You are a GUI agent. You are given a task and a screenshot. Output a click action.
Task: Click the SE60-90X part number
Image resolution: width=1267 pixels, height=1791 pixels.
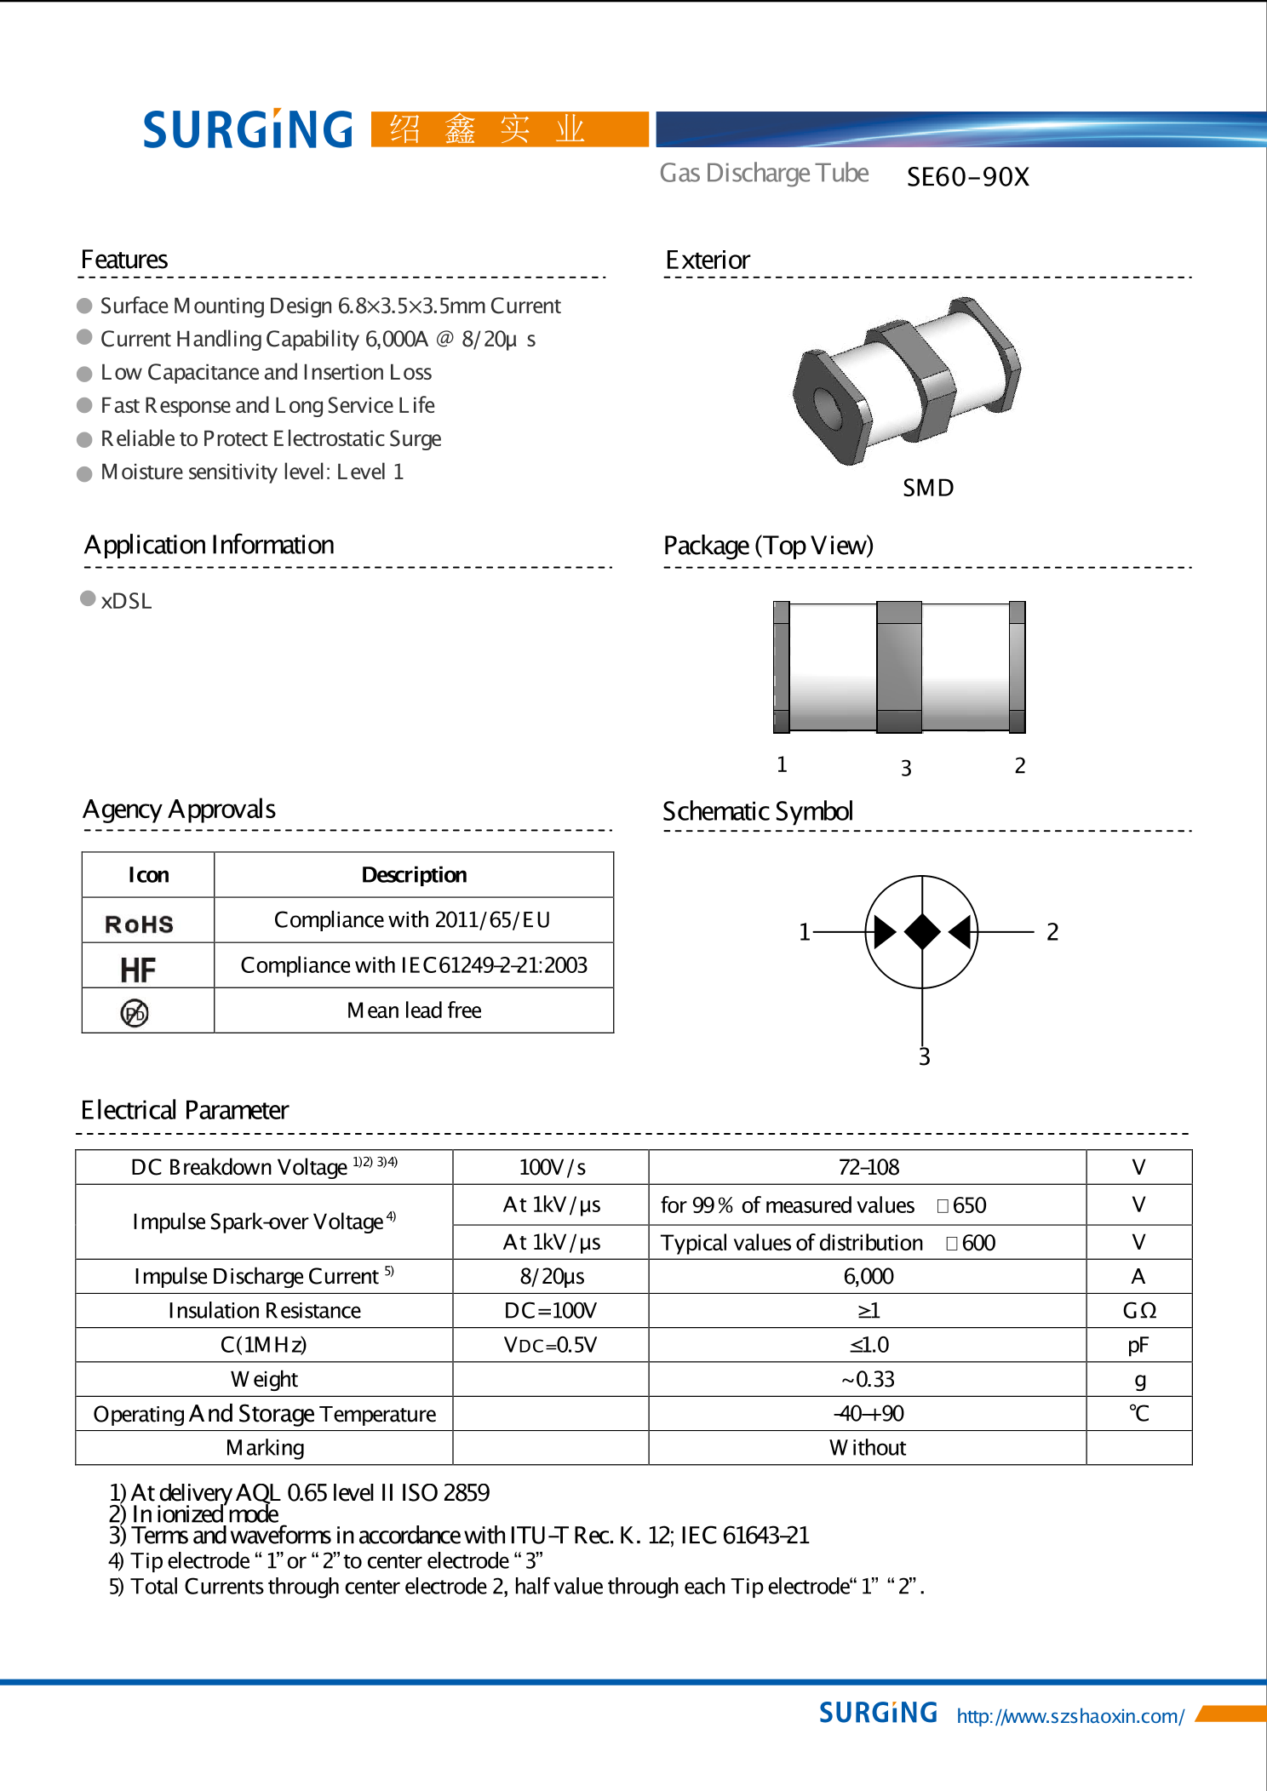(967, 177)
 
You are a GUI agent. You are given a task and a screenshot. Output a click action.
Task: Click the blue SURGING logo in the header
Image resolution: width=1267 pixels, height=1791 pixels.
(248, 129)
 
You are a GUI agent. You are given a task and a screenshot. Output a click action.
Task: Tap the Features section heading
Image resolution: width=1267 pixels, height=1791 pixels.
(124, 260)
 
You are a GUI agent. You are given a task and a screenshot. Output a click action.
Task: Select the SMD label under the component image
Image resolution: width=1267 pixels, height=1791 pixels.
(928, 488)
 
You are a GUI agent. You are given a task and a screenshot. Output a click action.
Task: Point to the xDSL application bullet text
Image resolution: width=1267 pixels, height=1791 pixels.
(126, 601)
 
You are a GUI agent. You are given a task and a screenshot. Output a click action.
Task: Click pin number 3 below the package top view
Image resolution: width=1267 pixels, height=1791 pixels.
(906, 768)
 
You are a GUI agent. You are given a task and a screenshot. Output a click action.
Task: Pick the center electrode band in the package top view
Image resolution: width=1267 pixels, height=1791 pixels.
(899, 667)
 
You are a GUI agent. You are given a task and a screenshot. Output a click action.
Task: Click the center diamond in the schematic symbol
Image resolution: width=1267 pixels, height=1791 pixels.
(922, 931)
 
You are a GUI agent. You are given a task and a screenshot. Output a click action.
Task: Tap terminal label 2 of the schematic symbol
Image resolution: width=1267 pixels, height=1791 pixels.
(1052, 932)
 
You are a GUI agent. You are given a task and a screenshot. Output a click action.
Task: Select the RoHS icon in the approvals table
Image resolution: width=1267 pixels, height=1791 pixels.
(139, 924)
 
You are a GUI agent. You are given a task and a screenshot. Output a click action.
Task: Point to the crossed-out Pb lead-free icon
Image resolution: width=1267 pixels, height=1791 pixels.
(135, 1013)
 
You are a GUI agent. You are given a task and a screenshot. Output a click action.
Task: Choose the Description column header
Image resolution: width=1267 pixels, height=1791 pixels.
(414, 875)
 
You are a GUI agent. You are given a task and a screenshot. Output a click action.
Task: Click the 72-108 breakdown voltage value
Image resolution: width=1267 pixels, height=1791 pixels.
(868, 1167)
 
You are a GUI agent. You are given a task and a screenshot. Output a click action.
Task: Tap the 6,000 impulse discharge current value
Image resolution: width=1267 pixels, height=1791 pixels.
(868, 1276)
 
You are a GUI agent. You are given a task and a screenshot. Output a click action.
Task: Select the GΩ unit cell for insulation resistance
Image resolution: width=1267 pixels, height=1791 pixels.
(1138, 1310)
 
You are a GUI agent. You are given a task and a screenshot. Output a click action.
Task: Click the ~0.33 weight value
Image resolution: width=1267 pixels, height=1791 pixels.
(868, 1379)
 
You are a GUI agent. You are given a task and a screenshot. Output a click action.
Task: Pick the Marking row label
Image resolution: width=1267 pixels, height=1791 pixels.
(265, 1447)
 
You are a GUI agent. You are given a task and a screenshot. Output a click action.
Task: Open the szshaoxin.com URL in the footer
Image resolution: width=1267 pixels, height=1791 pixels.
(1069, 1716)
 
